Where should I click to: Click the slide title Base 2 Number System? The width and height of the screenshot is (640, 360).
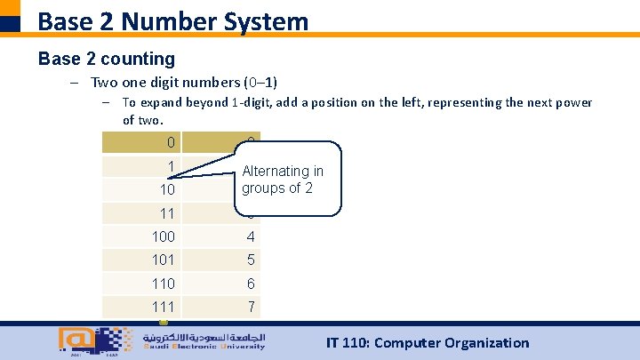click(173, 20)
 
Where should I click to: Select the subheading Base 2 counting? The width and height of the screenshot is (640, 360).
click(107, 59)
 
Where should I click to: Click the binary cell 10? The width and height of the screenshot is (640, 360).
click(166, 190)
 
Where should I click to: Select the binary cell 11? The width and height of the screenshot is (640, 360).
click(166, 213)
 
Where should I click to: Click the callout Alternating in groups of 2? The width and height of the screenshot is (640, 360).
click(283, 179)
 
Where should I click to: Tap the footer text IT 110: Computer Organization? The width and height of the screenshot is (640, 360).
click(427, 342)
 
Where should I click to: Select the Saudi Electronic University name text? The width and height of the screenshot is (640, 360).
click(204, 341)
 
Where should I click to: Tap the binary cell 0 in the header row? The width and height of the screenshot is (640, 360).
click(170, 143)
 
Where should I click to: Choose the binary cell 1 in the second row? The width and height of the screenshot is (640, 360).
click(170, 166)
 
